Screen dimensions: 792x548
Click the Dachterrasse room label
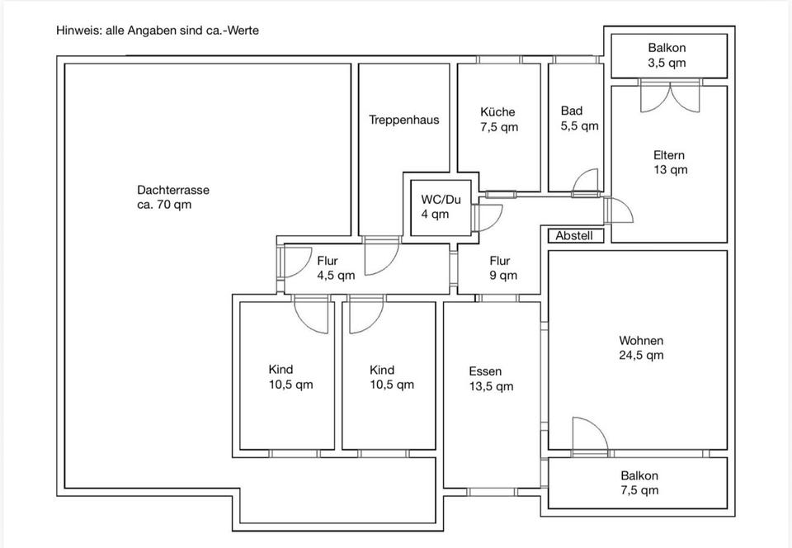click(173, 191)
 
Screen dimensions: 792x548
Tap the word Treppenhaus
click(404, 120)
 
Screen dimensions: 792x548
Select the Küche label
click(497, 111)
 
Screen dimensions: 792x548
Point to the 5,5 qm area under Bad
click(579, 125)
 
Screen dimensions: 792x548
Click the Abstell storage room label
click(574, 235)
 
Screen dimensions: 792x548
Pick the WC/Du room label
click(441, 200)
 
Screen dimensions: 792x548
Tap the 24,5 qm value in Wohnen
click(642, 355)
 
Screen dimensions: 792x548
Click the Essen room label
click(485, 371)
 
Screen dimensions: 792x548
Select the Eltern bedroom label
click(669, 155)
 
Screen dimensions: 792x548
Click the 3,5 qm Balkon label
click(667, 55)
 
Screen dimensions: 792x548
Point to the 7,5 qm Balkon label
click(639, 483)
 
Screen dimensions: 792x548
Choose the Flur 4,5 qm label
click(336, 268)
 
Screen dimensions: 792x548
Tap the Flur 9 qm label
click(503, 268)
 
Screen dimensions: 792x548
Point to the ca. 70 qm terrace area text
click(164, 205)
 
